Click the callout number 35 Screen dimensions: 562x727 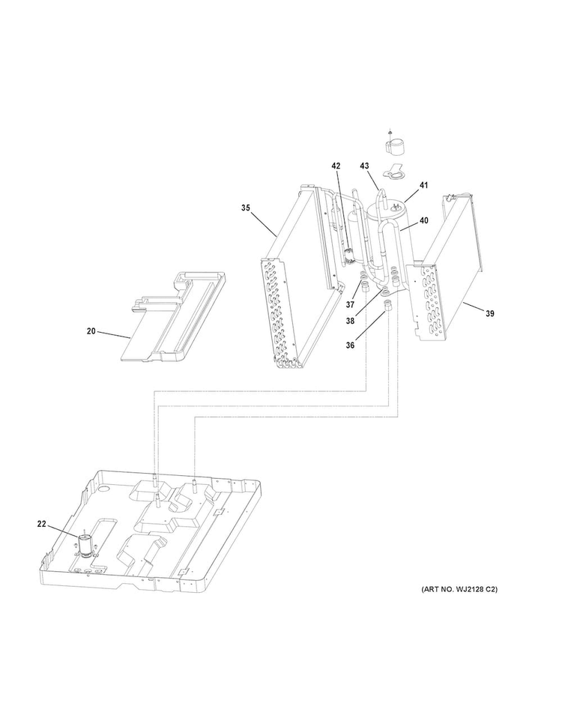[245, 208]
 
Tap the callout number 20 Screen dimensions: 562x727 [91, 331]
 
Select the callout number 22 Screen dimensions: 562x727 [42, 525]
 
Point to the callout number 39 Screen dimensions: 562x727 [489, 314]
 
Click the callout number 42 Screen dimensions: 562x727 [336, 166]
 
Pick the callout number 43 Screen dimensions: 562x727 [364, 166]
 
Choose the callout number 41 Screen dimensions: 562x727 [424, 185]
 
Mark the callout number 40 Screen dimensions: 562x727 [424, 220]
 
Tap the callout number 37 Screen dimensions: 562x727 [350, 304]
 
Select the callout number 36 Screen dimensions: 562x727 [350, 345]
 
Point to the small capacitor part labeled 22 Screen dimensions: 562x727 [85, 546]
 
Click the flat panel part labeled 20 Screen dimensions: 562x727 [174, 316]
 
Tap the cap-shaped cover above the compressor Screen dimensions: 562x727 [395, 146]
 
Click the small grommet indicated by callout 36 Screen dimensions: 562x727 [387, 305]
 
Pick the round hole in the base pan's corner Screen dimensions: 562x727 [105, 489]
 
